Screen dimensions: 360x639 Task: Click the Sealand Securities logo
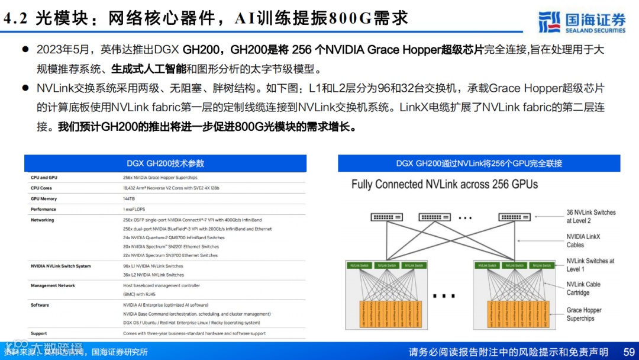(582, 22)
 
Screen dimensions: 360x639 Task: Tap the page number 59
(629, 352)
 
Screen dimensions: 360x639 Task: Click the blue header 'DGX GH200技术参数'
(166, 163)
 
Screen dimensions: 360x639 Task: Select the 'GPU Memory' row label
(44, 199)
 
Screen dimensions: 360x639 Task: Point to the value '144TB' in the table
(129, 199)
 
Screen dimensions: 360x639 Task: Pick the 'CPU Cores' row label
(41, 188)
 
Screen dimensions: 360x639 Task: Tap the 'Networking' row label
(43, 220)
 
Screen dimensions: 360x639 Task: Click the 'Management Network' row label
(53, 286)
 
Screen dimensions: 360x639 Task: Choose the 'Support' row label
(39, 334)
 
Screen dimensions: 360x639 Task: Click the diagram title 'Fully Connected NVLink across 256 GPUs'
(444, 185)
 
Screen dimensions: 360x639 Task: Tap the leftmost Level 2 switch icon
(386, 217)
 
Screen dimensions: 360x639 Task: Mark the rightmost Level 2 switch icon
(514, 217)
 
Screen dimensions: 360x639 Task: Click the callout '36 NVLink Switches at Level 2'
(590, 216)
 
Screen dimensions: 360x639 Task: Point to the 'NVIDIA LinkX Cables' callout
(583, 240)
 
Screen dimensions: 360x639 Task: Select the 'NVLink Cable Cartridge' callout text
(583, 288)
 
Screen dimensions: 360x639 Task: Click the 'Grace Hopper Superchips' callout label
(583, 314)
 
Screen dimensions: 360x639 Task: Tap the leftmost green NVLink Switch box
(359, 266)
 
